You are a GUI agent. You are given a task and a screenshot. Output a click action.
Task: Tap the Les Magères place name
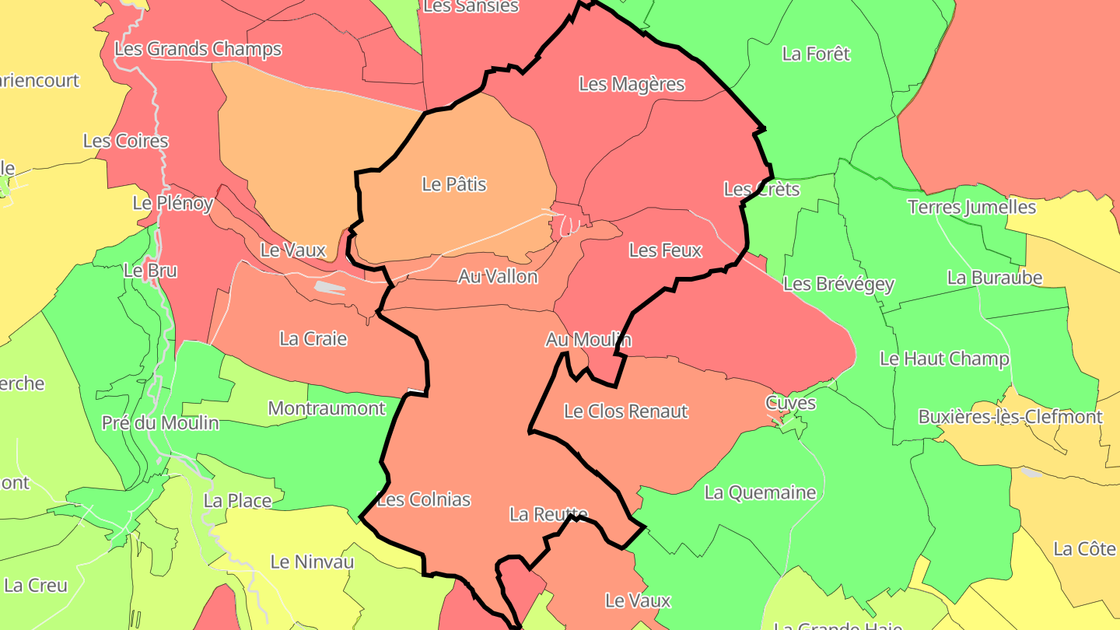[632, 84]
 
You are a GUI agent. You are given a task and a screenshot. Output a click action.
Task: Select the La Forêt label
[816, 54]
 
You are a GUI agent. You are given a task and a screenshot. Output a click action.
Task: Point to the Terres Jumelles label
[971, 207]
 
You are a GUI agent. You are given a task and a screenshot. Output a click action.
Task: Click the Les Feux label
[665, 250]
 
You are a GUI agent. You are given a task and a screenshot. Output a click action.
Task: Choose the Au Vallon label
[498, 276]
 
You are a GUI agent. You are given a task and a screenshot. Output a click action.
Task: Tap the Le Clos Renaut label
[625, 411]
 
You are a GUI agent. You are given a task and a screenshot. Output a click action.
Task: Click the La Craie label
[313, 338]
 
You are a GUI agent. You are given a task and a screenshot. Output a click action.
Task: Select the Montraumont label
[326, 408]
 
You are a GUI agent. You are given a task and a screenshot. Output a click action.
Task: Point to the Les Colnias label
[424, 499]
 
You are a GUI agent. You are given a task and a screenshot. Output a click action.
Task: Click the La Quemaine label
[760, 492]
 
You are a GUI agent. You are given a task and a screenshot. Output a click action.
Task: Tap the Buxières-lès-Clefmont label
[1010, 416]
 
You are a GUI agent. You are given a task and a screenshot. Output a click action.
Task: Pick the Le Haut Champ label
[944, 359]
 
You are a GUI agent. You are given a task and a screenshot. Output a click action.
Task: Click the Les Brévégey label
[838, 284]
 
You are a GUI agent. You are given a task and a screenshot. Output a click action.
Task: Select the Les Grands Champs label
[198, 49]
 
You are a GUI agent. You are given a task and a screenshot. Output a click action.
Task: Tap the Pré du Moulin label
[160, 423]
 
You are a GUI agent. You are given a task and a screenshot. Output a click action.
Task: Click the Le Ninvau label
[312, 562]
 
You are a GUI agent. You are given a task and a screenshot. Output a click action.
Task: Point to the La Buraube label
[994, 277]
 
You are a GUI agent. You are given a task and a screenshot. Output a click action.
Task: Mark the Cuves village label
[790, 403]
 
